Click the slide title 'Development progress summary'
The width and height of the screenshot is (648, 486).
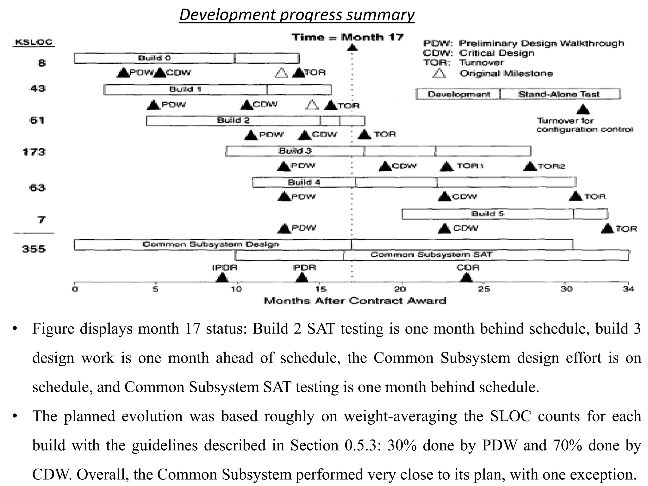click(297, 15)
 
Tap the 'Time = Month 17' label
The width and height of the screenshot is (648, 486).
click(347, 37)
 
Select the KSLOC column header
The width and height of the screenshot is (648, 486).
click(34, 42)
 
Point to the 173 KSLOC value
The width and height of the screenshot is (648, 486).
click(34, 152)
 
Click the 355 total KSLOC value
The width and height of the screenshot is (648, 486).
click(34, 249)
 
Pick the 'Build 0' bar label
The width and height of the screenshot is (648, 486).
click(154, 58)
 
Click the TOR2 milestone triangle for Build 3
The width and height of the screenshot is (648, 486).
click(530, 166)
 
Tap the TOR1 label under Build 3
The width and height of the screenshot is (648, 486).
click(470, 166)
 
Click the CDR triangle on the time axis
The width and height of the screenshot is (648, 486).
click(466, 278)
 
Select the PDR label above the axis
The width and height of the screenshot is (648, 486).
click(304, 268)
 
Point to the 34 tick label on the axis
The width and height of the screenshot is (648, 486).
click(628, 289)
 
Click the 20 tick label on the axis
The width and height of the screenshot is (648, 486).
click(400, 289)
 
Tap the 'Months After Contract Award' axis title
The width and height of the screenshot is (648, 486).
click(355, 301)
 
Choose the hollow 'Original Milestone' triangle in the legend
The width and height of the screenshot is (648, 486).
click(439, 73)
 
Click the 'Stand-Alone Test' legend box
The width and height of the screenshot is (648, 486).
click(559, 94)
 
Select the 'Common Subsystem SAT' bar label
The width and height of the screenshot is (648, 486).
click(431, 255)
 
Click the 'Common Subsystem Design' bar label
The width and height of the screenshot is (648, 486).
click(211, 244)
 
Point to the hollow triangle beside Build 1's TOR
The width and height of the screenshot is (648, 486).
click(312, 105)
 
